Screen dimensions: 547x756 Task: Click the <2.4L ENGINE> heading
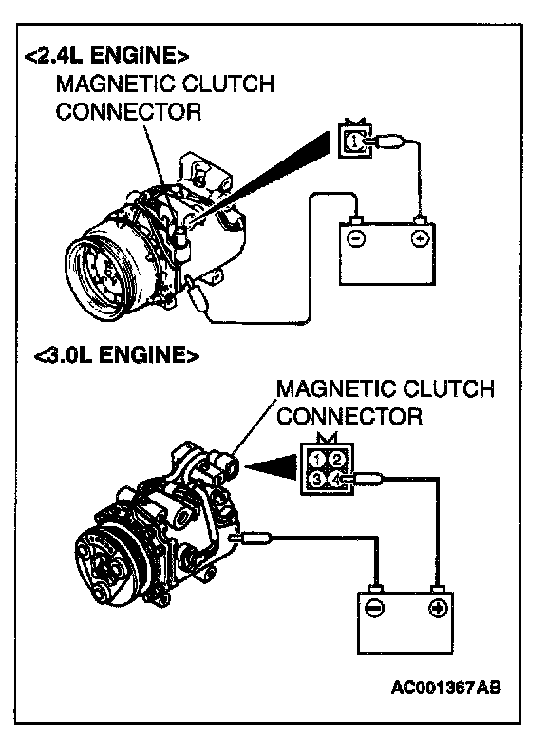coord(106,56)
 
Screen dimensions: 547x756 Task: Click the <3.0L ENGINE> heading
coord(117,355)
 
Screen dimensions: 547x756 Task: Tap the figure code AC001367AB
coord(445,688)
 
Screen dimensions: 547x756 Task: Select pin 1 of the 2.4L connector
coord(354,141)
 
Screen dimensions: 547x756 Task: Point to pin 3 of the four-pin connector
coord(316,479)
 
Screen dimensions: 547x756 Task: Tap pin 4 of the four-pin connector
coord(335,479)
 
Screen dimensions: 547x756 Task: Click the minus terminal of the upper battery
coord(357,238)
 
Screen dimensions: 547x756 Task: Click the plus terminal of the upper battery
coord(421,238)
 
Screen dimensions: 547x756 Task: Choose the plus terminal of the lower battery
coord(438,608)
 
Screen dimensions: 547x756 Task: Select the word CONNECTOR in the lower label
coord(349,417)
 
